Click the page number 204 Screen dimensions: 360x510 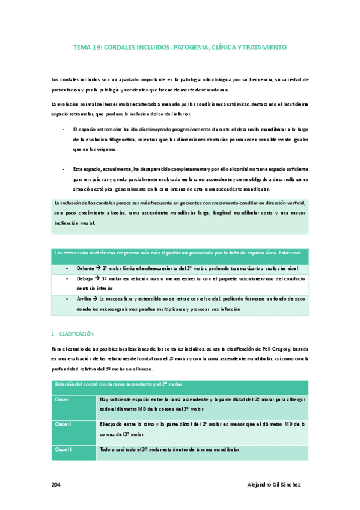pyautogui.click(x=56, y=484)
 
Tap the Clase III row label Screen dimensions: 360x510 pyautogui.click(x=64, y=449)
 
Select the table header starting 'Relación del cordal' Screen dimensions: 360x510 pyautogui.click(x=119, y=384)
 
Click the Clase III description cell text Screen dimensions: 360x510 pyautogui.click(x=170, y=449)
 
